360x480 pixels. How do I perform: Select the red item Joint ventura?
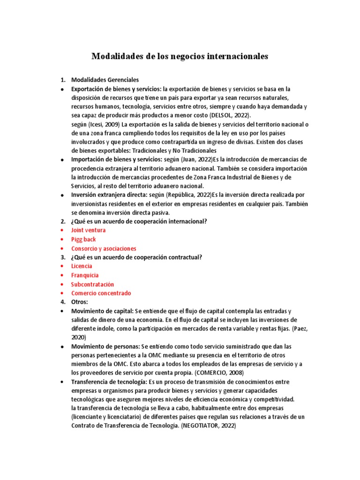click(x=88, y=230)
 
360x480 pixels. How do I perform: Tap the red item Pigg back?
click(x=83, y=239)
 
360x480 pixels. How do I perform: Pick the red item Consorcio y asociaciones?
click(x=104, y=248)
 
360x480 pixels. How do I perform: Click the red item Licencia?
click(x=82, y=266)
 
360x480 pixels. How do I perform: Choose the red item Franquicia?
click(x=85, y=275)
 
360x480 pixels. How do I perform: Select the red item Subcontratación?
click(x=92, y=284)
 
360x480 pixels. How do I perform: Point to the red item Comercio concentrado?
click(x=101, y=293)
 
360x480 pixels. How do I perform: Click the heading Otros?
click(x=79, y=302)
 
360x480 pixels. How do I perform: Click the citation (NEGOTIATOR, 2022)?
click(x=208, y=426)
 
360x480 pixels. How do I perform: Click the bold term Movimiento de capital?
click(x=102, y=311)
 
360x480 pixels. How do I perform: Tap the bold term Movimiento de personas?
click(x=105, y=346)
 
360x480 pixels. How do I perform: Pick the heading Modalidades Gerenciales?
click(x=105, y=80)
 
